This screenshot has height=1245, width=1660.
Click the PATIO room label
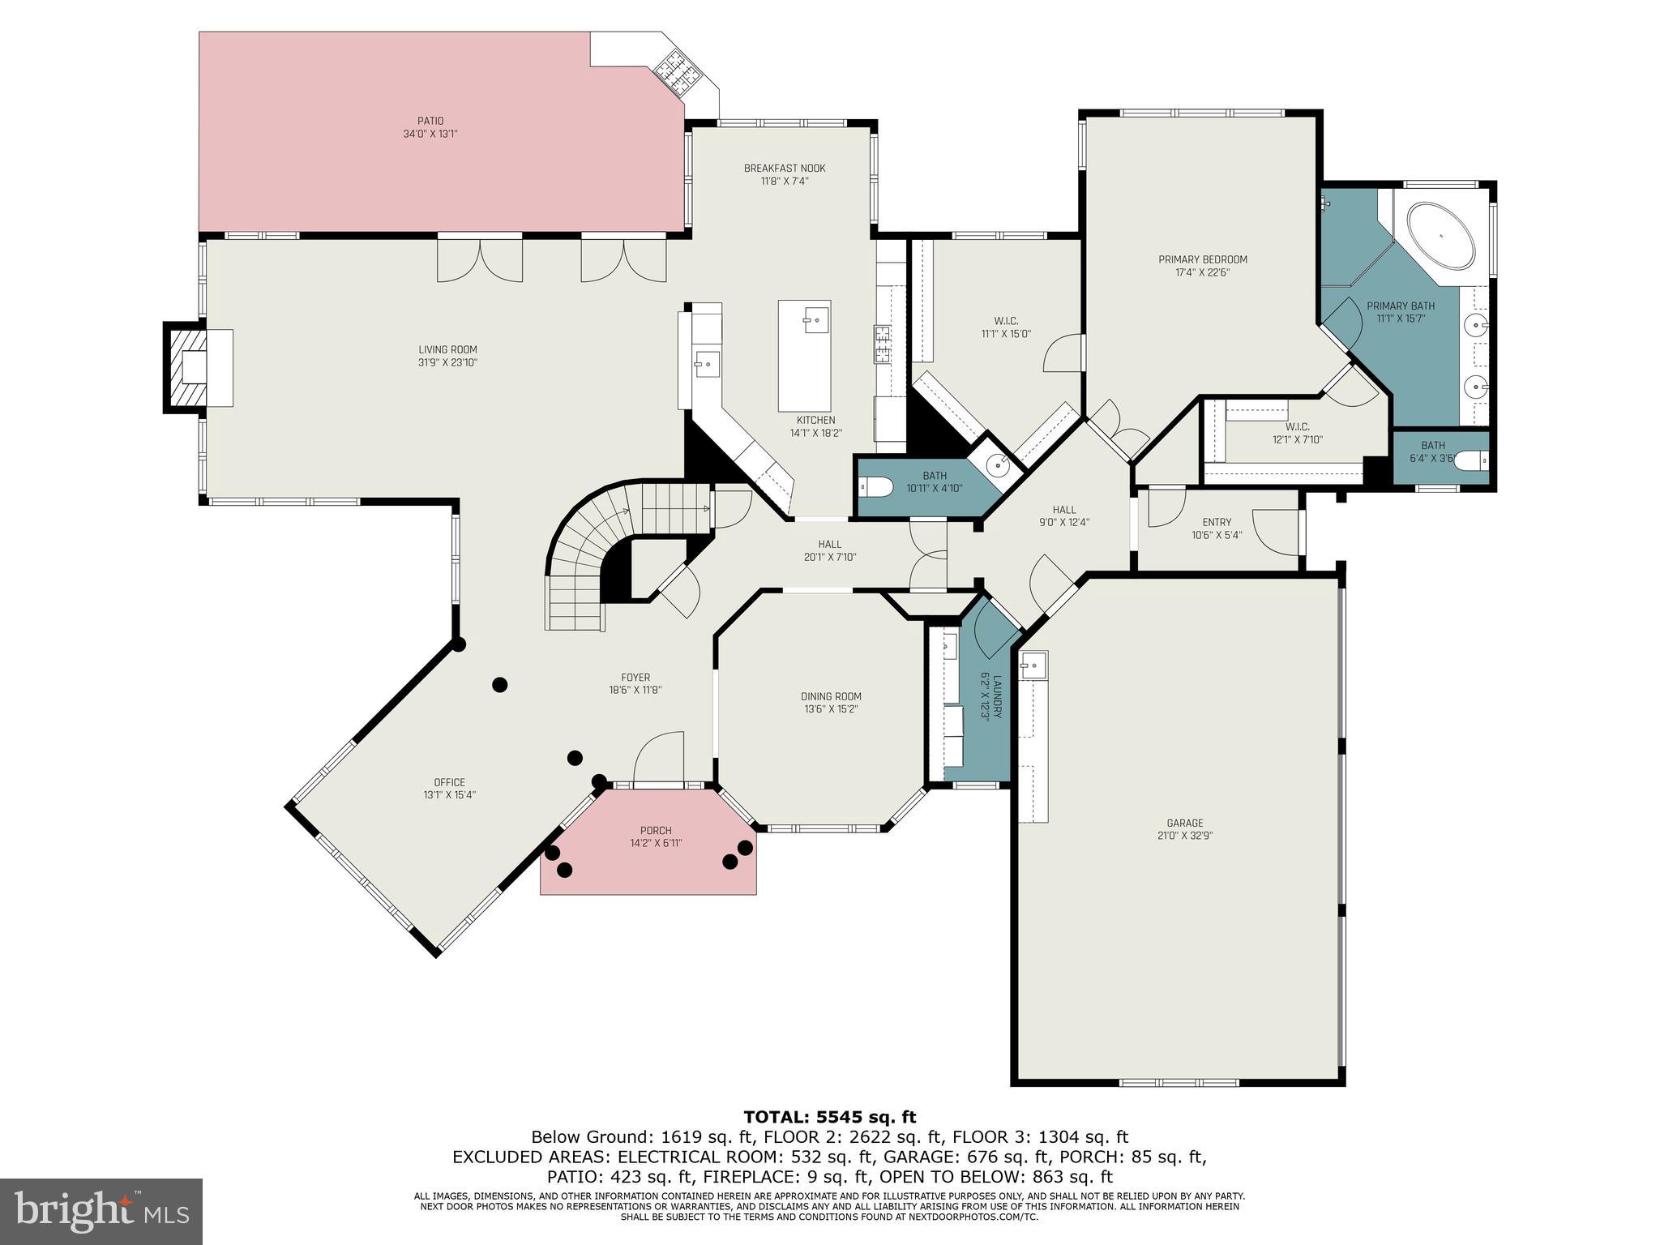[430, 121]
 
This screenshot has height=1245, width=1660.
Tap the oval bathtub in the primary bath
[1440, 237]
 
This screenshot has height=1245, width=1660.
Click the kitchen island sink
[816, 320]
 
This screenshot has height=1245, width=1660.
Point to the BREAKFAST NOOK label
[784, 169]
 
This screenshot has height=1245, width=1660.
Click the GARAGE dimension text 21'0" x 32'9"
[1184, 836]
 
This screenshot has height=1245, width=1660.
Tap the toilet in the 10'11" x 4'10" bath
[875, 486]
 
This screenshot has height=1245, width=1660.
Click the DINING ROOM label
[830, 696]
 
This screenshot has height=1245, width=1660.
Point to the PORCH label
[655, 831]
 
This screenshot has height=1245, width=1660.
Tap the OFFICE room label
[449, 782]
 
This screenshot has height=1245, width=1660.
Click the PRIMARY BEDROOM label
[1202, 259]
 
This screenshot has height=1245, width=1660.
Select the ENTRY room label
[1216, 522]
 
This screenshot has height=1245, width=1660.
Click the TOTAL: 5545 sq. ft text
[829, 1118]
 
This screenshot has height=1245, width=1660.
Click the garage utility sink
[1033, 665]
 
